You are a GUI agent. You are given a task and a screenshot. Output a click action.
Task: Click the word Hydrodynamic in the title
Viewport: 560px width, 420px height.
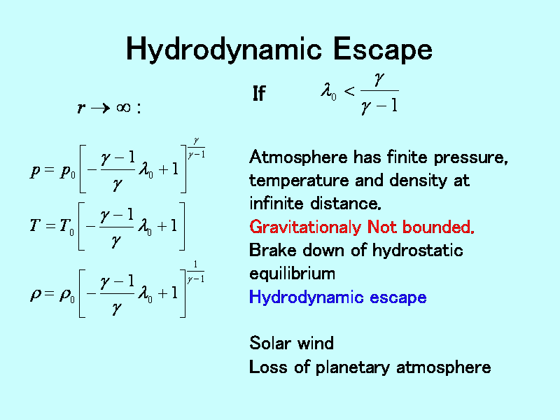(224, 50)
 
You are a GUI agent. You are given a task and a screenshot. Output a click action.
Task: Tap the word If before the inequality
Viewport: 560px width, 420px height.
(259, 94)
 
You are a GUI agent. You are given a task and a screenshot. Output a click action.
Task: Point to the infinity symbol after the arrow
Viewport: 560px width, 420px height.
(124, 107)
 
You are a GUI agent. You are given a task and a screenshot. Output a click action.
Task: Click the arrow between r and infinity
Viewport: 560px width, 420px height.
(101, 108)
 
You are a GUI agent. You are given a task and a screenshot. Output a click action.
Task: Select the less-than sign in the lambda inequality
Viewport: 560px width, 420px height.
(349, 92)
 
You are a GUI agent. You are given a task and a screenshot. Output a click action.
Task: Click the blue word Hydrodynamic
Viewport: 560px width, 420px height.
(306, 297)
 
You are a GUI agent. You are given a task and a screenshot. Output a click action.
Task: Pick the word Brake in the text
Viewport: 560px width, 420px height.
(273, 250)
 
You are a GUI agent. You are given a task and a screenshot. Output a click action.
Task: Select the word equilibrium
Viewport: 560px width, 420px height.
(292, 274)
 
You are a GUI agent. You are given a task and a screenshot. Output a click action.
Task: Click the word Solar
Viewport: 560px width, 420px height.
(270, 343)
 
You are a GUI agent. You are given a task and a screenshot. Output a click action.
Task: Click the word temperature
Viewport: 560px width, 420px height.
(299, 181)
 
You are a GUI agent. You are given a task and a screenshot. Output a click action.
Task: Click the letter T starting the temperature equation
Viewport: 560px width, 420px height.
(35, 225)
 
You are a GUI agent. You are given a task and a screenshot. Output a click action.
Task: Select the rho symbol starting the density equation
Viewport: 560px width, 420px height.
(36, 295)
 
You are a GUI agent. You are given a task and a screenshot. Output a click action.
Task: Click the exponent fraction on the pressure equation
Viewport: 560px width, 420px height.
(197, 148)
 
